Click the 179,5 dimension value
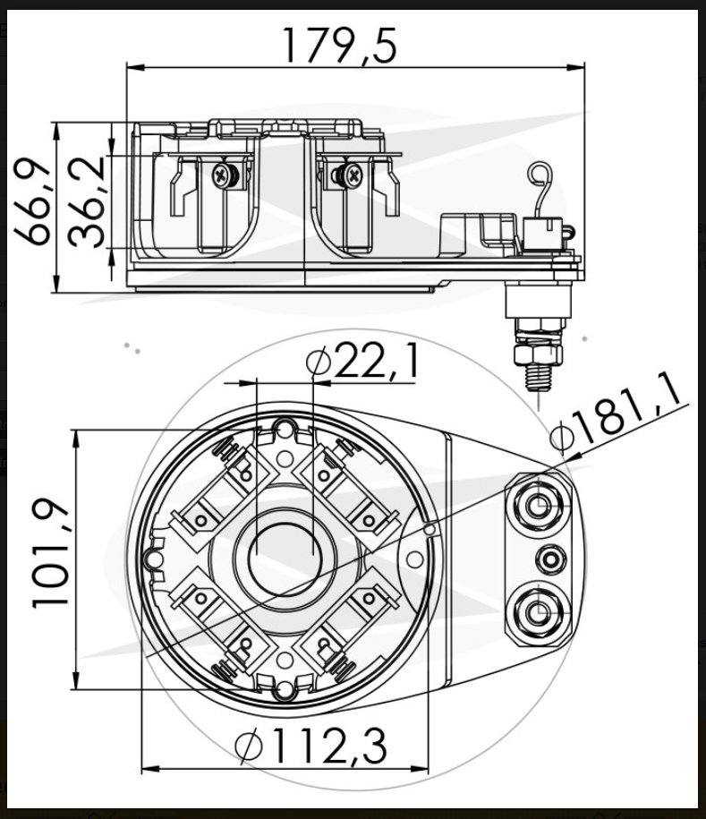pyautogui.click(x=340, y=46)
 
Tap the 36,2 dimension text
pyautogui.click(x=87, y=201)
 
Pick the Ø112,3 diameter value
pyautogui.click(x=311, y=746)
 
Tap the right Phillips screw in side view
pyautogui.click(x=349, y=175)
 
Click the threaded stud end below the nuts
pyautogui.click(x=539, y=378)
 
